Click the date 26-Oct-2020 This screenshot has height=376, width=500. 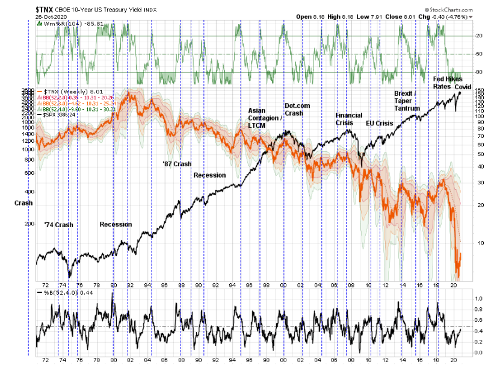20,17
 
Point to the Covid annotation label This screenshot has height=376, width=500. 463,87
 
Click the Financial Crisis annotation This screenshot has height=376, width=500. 349,118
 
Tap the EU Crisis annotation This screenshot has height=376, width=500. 380,123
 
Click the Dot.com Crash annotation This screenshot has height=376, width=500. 298,110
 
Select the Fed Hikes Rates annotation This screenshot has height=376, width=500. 446,83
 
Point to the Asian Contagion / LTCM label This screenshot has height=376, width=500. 265,118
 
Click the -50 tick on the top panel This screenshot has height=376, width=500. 480,54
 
